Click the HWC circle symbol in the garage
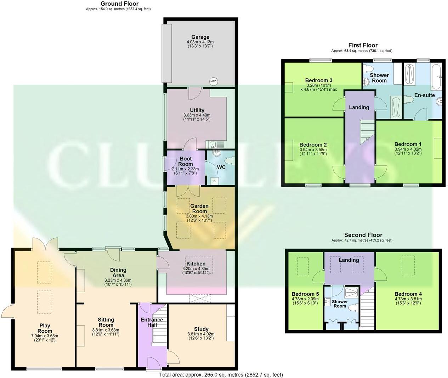click(213, 81)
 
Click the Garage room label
click(200, 37)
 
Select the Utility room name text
click(197, 110)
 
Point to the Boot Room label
click(186, 162)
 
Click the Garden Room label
click(199, 209)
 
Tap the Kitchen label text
click(196, 264)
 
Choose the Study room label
click(201, 329)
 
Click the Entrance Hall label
click(152, 322)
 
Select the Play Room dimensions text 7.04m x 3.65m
click(45, 336)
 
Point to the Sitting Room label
click(106, 322)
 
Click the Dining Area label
click(118, 272)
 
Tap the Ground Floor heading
click(118, 4)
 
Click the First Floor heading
click(363, 45)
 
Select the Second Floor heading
click(363, 235)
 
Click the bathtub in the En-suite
click(436, 77)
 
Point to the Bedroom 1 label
click(408, 144)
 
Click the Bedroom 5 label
click(305, 294)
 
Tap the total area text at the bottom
click(221, 374)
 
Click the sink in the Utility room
click(213, 144)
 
